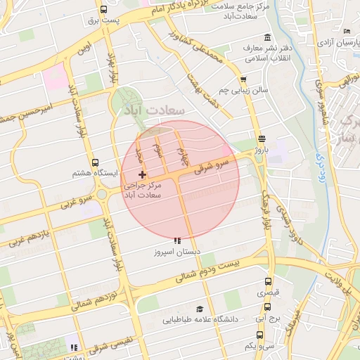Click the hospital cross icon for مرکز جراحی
click(x=143, y=174)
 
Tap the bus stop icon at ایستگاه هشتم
click(x=95, y=161)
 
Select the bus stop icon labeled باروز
click(x=262, y=139)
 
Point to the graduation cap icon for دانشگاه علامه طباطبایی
click(x=200, y=309)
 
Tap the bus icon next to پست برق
click(x=104, y=10)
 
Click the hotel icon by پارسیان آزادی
click(x=347, y=32)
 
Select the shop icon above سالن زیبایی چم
click(x=243, y=80)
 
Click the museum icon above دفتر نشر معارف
click(x=266, y=38)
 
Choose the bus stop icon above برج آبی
click(x=266, y=307)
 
